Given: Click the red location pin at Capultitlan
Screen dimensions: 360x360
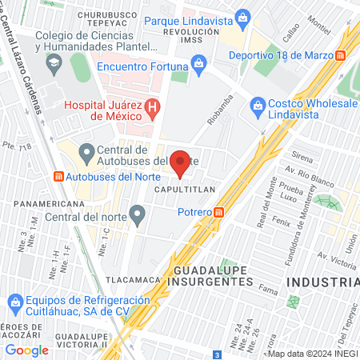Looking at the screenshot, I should tap(181, 162).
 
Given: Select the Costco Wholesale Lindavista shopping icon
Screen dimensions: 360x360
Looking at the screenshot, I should tap(258, 104).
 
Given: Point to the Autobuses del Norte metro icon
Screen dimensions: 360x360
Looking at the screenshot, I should tap(58, 176).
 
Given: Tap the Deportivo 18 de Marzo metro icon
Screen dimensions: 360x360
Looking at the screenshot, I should tap(341, 56).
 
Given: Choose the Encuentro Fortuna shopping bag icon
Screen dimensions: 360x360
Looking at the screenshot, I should tap(198, 64).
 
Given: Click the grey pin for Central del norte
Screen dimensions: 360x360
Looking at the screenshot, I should tap(138, 214).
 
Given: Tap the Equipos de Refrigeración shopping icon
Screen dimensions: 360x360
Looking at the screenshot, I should tap(15, 301).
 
